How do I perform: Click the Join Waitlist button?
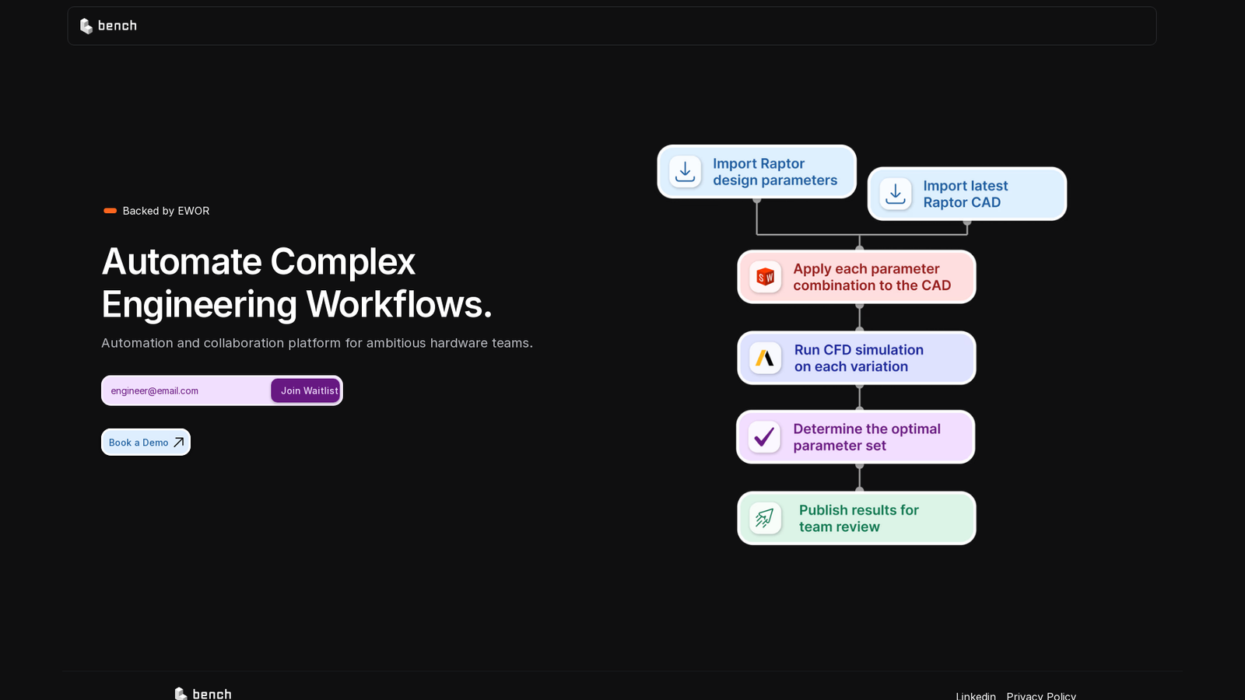point(305,390)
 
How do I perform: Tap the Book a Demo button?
point(146,443)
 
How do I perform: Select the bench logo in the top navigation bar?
point(108,26)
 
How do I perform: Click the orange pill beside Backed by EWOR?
point(110,211)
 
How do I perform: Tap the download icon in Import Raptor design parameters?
point(685,172)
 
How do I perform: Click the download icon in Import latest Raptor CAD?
point(896,194)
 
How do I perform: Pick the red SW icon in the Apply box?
point(766,276)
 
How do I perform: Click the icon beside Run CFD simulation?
point(766,358)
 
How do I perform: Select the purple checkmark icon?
point(764,436)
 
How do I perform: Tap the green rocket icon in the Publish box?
point(766,518)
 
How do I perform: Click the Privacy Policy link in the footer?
point(1041,695)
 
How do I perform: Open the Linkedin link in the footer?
point(976,695)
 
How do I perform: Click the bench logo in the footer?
point(203,693)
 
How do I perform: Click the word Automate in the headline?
point(182,261)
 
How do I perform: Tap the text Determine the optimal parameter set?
point(867,437)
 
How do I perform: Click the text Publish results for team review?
point(859,518)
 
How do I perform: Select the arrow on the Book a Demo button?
point(178,443)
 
